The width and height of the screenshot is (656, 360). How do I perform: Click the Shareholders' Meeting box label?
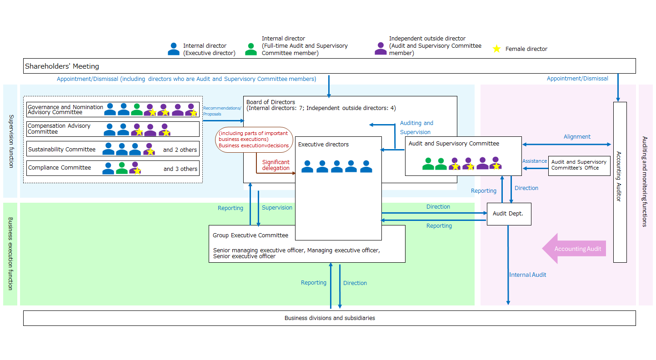pyautogui.click(x=62, y=66)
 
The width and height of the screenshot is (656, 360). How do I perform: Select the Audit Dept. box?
pyautogui.click(x=509, y=214)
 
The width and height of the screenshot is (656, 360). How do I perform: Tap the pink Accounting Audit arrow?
pyautogui.click(x=574, y=249)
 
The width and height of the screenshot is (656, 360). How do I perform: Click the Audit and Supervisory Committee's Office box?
pyautogui.click(x=579, y=165)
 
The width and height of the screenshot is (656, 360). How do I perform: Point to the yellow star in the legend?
pyautogui.click(x=497, y=49)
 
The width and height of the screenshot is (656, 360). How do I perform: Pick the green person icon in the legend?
pyautogui.click(x=251, y=49)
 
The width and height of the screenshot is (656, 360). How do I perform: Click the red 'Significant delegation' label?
pyautogui.click(x=275, y=165)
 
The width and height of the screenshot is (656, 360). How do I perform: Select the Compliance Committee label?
pyautogui.click(x=60, y=168)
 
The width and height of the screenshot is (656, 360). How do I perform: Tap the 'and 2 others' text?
pyautogui.click(x=180, y=150)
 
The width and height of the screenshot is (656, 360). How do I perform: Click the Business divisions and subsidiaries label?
pyautogui.click(x=330, y=318)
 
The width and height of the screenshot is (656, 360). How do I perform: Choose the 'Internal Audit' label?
pyautogui.click(x=527, y=275)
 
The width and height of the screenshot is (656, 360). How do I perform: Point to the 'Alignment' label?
pyautogui.click(x=577, y=137)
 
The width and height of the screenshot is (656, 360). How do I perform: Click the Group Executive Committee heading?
pyautogui.click(x=250, y=235)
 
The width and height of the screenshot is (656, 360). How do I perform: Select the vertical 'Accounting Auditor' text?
pyautogui.click(x=619, y=176)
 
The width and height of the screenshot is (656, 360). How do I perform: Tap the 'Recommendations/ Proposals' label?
pyautogui.click(x=222, y=111)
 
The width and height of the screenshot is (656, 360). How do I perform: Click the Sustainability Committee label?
pyautogui.click(x=62, y=150)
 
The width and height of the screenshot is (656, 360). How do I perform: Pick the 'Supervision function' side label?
pyautogui.click(x=11, y=141)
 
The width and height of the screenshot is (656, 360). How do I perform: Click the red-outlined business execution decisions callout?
pyautogui.click(x=253, y=140)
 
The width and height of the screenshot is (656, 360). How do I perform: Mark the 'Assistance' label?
pyautogui.click(x=534, y=161)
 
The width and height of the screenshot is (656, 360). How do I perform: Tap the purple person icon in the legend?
pyautogui.click(x=381, y=49)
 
